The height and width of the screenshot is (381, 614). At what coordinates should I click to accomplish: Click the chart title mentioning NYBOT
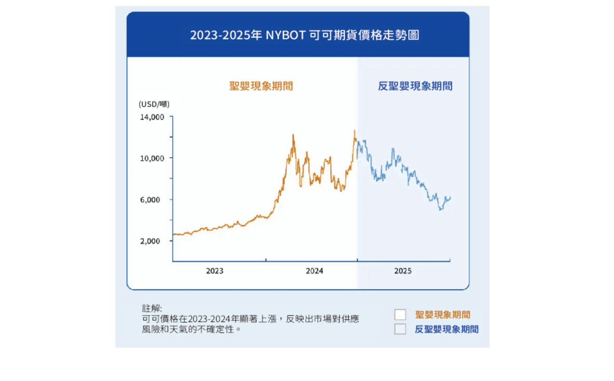305,35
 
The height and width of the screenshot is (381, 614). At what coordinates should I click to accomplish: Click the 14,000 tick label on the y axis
152,117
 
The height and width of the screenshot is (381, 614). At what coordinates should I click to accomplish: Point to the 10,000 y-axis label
152,158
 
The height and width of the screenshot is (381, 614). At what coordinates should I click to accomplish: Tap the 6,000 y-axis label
150,200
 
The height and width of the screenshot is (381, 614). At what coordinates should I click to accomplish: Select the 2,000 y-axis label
150,241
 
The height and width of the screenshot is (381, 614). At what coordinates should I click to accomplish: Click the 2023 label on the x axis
215,271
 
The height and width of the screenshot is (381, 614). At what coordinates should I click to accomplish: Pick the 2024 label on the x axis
315,271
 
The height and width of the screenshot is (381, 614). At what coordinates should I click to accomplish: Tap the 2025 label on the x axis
403,271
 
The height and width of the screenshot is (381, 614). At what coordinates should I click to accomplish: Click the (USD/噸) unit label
154,104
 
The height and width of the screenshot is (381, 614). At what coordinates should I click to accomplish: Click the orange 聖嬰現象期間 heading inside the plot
261,86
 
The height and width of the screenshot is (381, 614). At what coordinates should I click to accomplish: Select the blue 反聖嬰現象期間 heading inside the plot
415,86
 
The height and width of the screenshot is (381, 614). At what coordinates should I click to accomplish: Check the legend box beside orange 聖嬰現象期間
400,314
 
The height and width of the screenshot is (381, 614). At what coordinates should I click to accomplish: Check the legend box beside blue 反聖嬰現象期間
400,329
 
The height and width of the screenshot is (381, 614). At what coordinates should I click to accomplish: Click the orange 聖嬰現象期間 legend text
443,315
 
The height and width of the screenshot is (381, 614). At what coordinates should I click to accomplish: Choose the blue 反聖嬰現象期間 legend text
447,330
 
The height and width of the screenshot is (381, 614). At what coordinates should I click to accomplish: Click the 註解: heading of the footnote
152,308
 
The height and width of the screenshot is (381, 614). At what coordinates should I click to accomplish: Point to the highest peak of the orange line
355,130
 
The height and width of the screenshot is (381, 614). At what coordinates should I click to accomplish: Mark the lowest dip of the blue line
441,211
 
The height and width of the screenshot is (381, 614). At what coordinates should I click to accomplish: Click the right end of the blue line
450,198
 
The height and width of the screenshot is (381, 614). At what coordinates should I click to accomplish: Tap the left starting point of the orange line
173,234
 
